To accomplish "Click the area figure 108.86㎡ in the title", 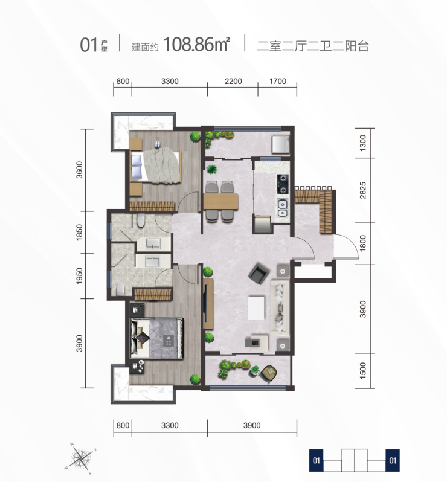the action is [x=196, y=44].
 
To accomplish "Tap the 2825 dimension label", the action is [x=363, y=190].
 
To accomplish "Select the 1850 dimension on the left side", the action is [x=79, y=232].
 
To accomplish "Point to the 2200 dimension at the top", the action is [x=233, y=81].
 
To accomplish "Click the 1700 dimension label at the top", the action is [x=278, y=81].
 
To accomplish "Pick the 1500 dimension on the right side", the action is [x=363, y=370].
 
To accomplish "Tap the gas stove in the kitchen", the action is [x=283, y=184].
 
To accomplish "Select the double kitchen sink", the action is [x=283, y=208].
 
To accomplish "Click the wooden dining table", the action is [x=220, y=201].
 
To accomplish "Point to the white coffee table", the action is [x=256, y=308].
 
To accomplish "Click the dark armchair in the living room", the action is [x=259, y=273].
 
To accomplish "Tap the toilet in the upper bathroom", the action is [x=141, y=220].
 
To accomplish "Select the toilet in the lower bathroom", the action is [x=120, y=289].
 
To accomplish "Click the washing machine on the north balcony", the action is [x=280, y=144].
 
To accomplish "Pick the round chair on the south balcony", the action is [x=269, y=373].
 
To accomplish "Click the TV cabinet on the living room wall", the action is [x=208, y=303].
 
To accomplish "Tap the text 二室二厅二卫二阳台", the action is [x=313, y=46].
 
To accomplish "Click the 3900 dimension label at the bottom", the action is [x=252, y=425].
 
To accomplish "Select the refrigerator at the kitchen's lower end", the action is [x=262, y=223].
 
